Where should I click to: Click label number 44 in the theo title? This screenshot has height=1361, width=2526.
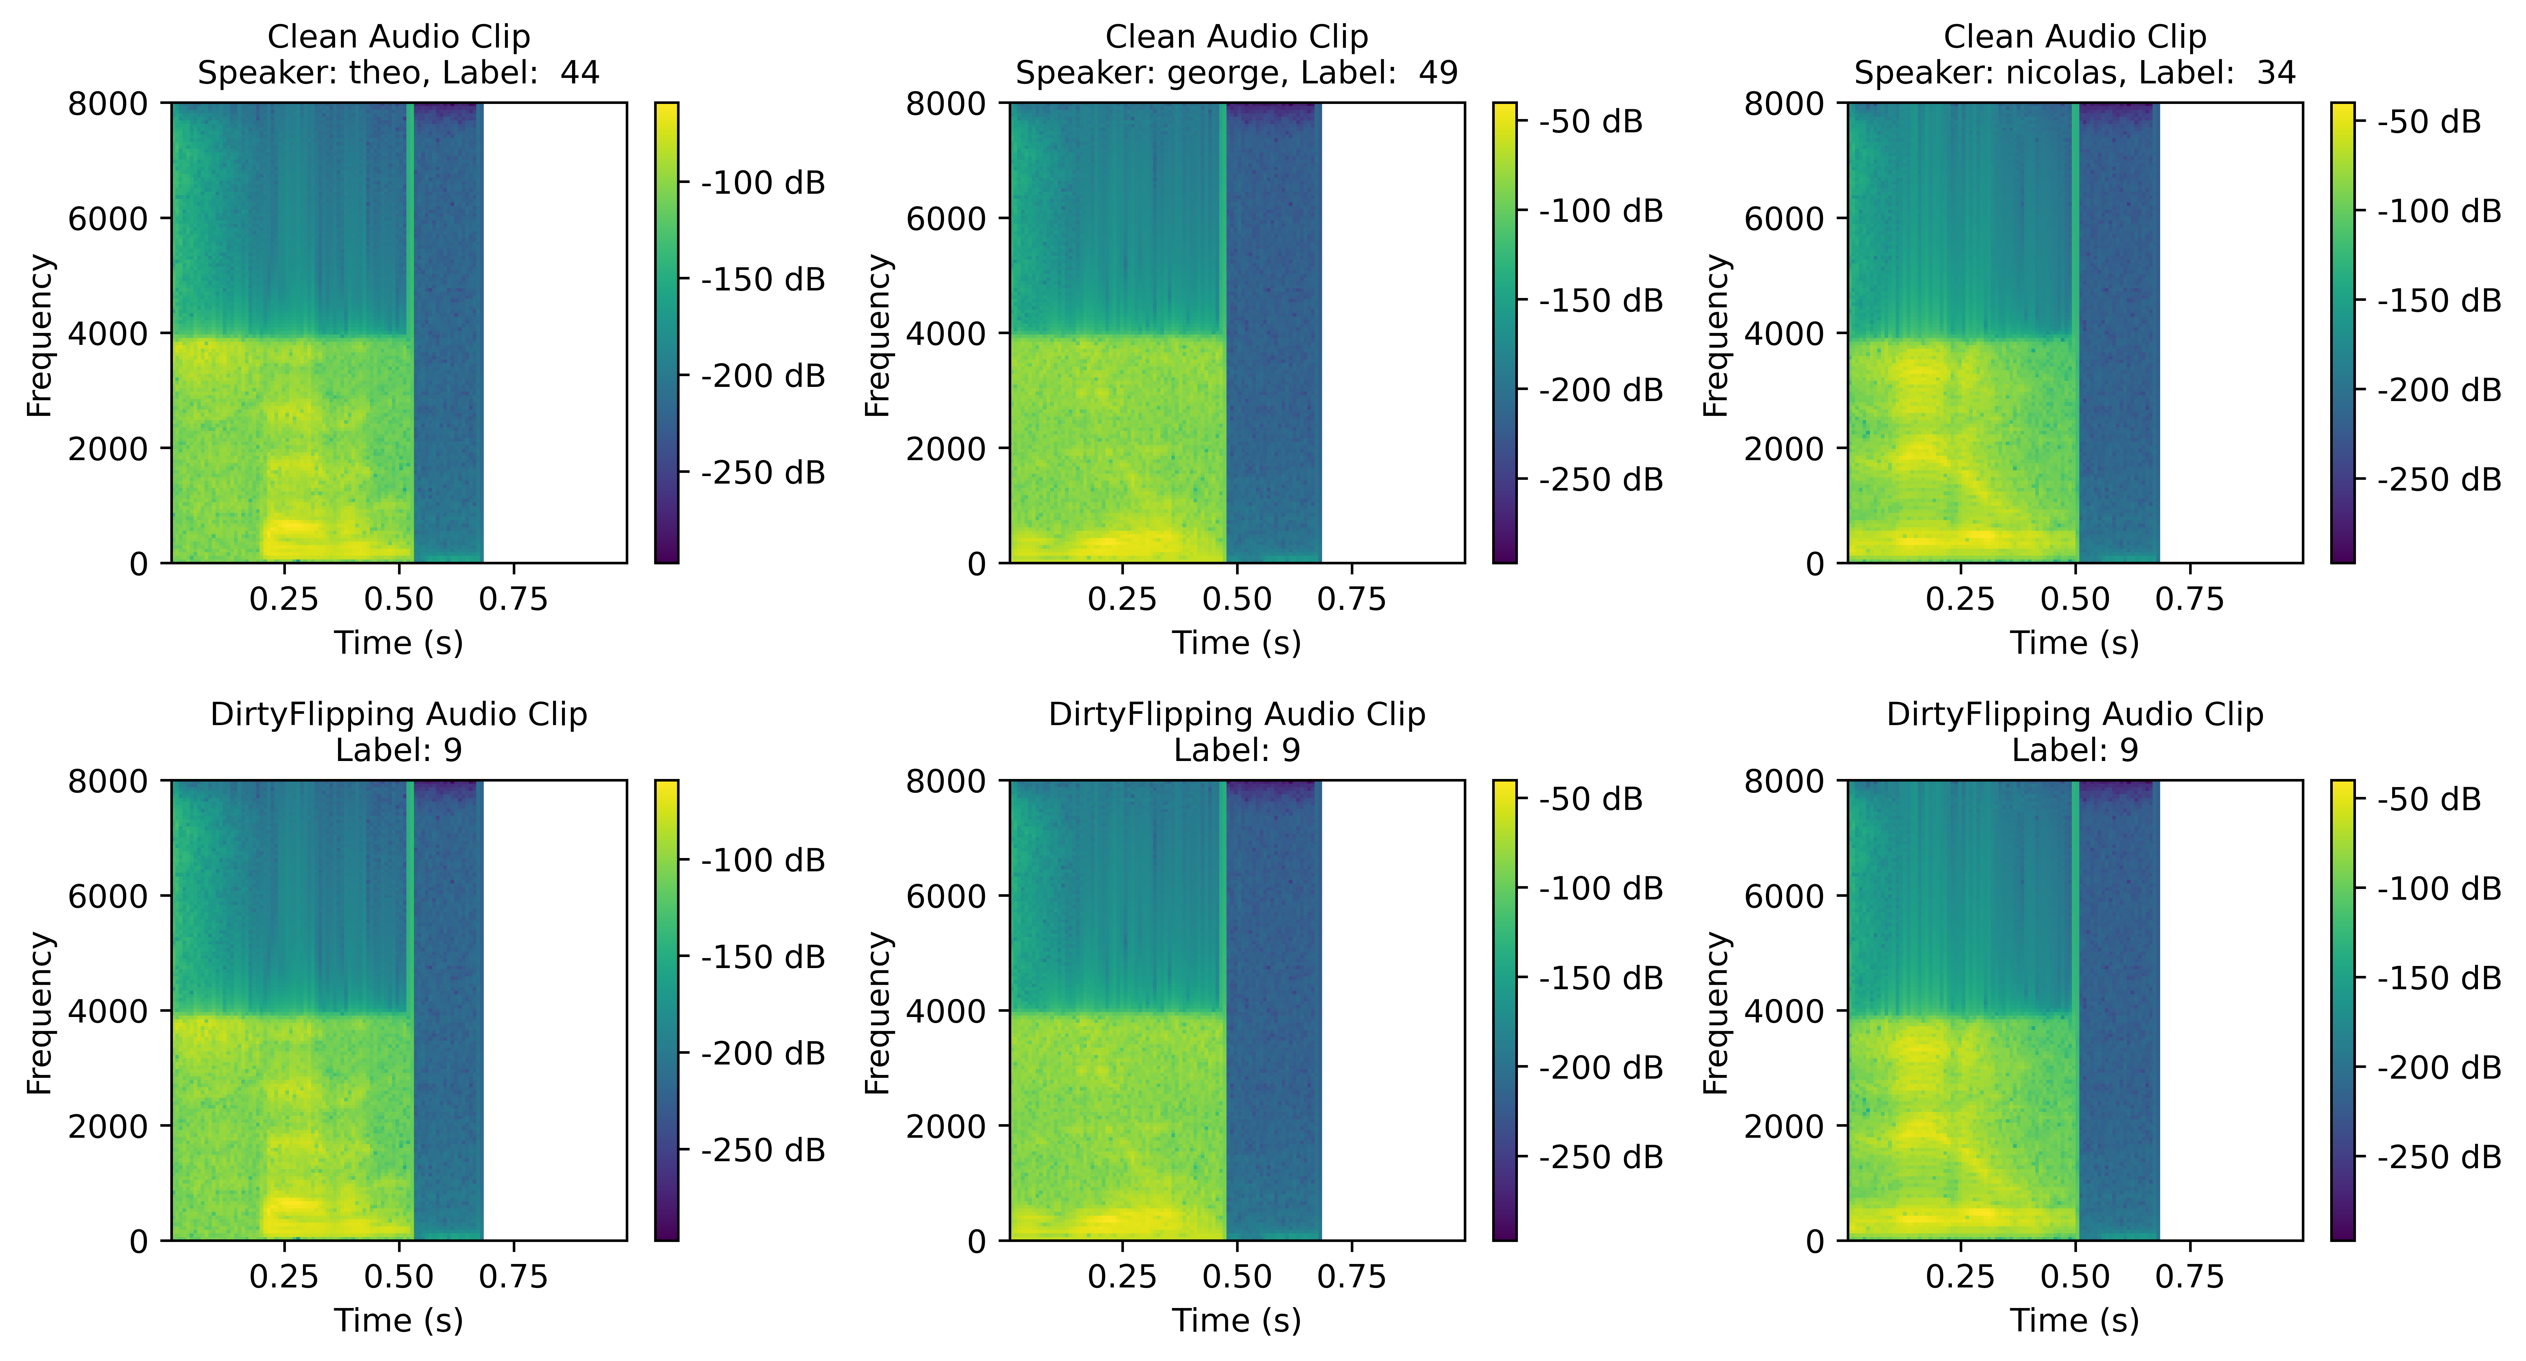[580, 73]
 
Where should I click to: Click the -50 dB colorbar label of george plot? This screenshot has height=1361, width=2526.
[1591, 122]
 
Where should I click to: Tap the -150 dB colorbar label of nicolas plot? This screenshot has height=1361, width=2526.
[2439, 300]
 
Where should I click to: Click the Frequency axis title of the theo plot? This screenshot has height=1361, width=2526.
[39, 335]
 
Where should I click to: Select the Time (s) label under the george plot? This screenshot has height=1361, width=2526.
[1237, 643]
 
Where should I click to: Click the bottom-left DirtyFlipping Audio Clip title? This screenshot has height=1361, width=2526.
[398, 714]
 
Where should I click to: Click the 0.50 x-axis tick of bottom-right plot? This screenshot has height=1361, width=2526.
[2075, 1277]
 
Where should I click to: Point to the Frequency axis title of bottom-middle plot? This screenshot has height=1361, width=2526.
[878, 1013]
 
